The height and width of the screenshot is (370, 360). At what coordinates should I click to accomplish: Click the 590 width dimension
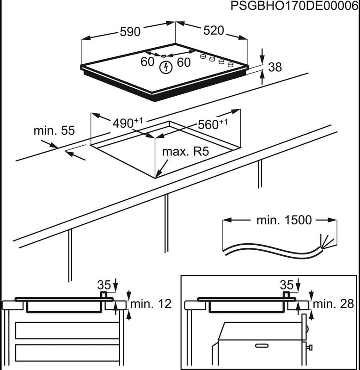(x=130, y=32)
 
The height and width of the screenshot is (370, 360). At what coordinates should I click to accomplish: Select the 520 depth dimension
(x=214, y=31)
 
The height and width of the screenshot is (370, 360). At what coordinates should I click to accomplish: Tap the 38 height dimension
(x=275, y=67)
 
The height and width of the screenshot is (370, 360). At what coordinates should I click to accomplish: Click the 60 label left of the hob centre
(x=147, y=62)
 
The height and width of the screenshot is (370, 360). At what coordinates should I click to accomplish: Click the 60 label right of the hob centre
(x=183, y=62)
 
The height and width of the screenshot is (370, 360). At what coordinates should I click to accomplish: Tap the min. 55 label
(x=54, y=131)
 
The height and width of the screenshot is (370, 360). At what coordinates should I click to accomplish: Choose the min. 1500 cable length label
(x=284, y=220)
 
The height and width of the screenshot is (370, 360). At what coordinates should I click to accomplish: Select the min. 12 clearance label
(x=151, y=304)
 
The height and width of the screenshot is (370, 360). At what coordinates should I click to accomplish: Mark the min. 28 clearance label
(x=333, y=304)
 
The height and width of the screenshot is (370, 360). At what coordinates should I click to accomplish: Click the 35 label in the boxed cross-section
(x=287, y=283)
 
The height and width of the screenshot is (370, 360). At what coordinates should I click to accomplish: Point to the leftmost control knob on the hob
(x=203, y=56)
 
